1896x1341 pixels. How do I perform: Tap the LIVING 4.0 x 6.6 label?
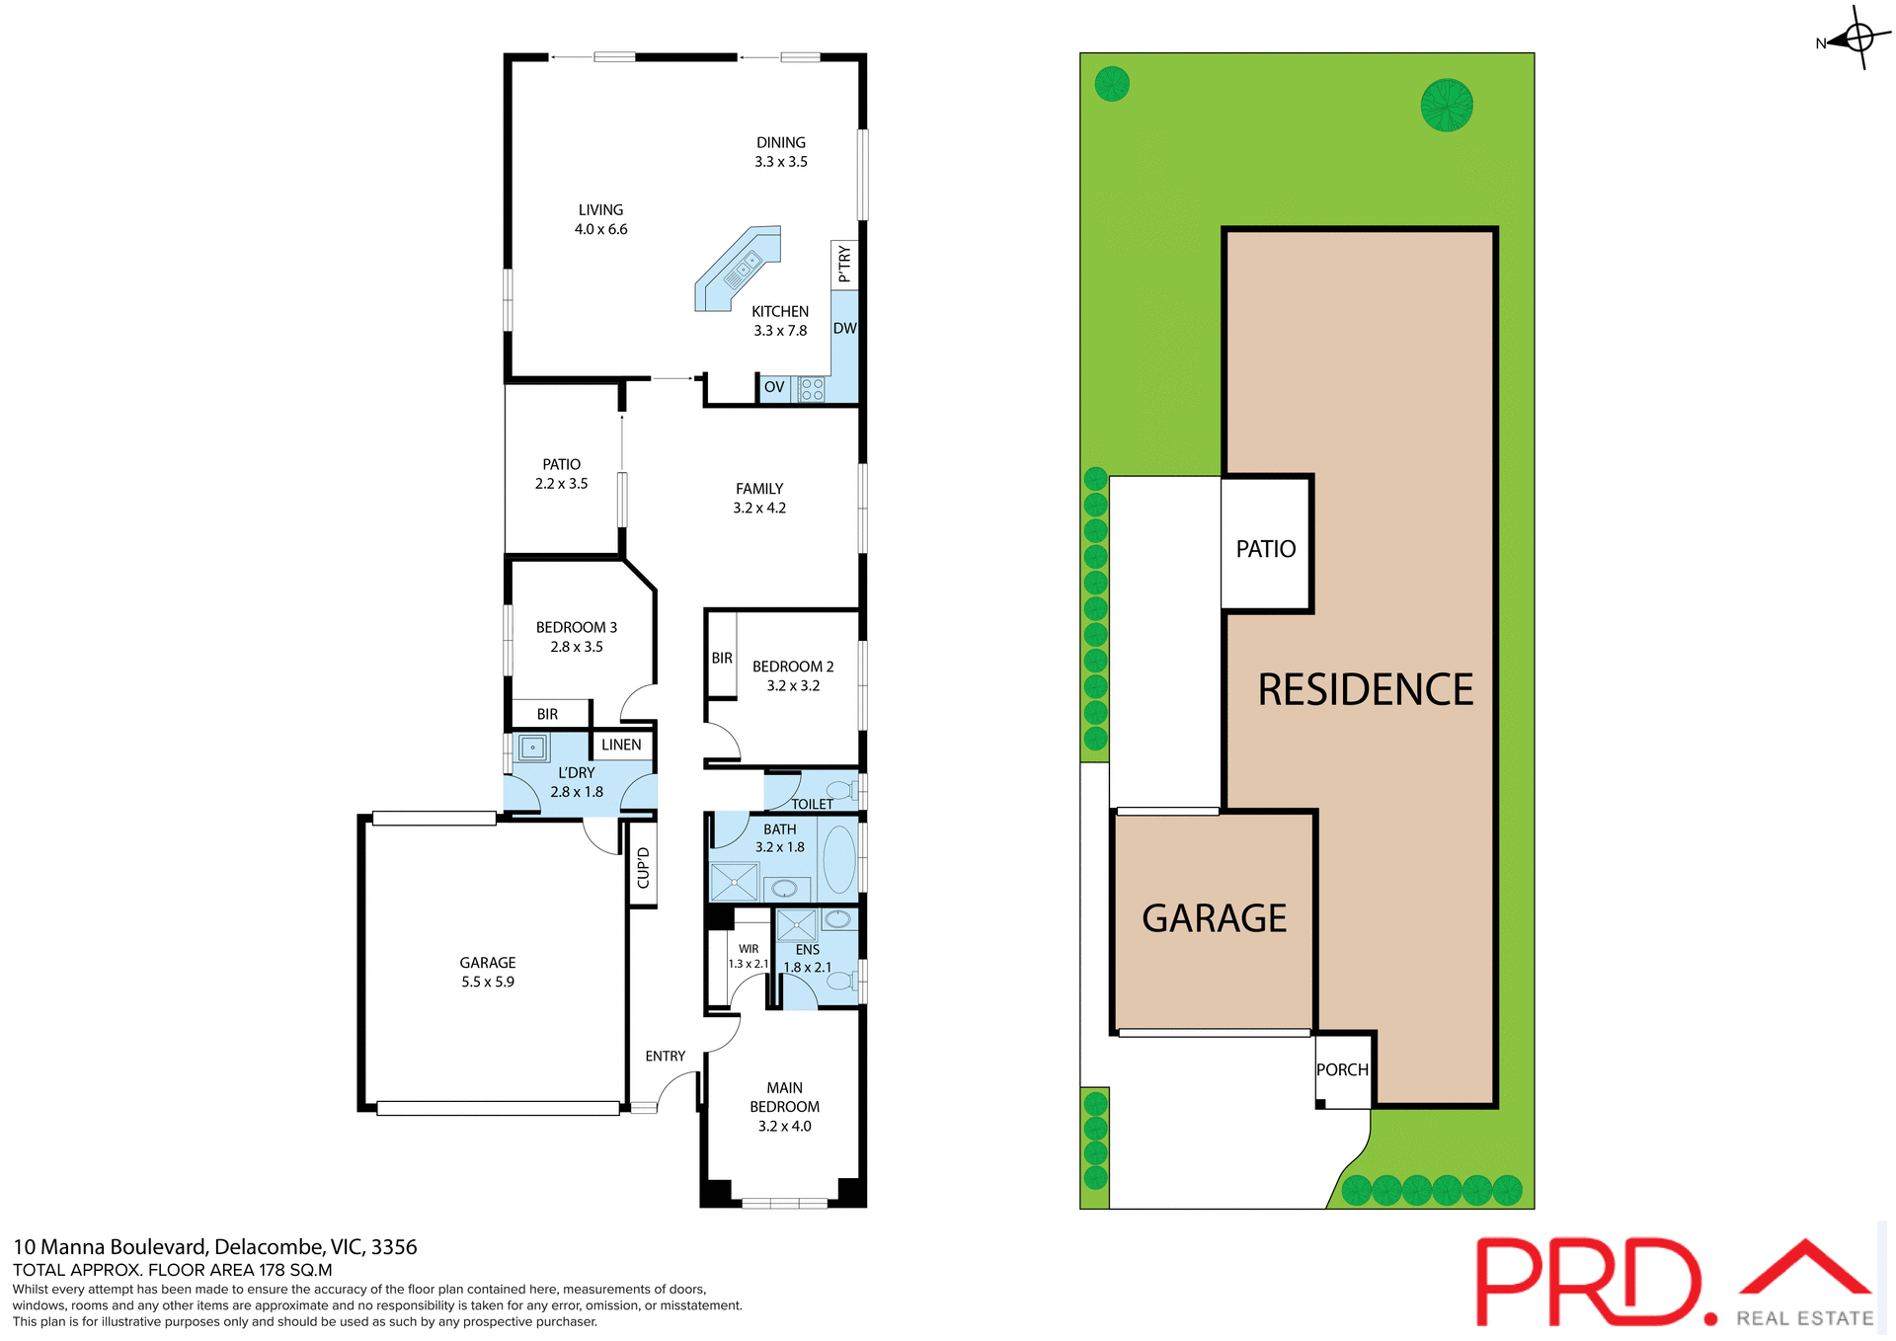600,219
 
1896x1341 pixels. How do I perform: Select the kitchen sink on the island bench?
744,265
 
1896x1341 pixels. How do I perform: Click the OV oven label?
774,387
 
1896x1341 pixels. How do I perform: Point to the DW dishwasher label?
844,329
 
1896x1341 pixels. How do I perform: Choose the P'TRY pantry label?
844,265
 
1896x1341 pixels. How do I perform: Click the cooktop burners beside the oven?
812,388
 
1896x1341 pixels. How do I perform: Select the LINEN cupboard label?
621,745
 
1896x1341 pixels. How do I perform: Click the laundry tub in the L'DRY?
532,748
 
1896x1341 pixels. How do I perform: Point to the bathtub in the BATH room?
839,859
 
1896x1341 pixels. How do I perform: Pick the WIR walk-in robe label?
749,949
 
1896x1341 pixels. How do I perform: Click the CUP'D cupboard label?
643,867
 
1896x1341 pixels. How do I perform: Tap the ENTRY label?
665,1056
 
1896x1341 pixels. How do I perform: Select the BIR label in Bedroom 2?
722,658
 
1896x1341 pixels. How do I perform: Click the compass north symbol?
1857,39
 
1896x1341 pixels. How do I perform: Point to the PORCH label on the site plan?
1342,1069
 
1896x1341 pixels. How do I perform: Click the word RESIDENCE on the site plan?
1365,689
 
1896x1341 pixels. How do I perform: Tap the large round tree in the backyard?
1447,106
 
